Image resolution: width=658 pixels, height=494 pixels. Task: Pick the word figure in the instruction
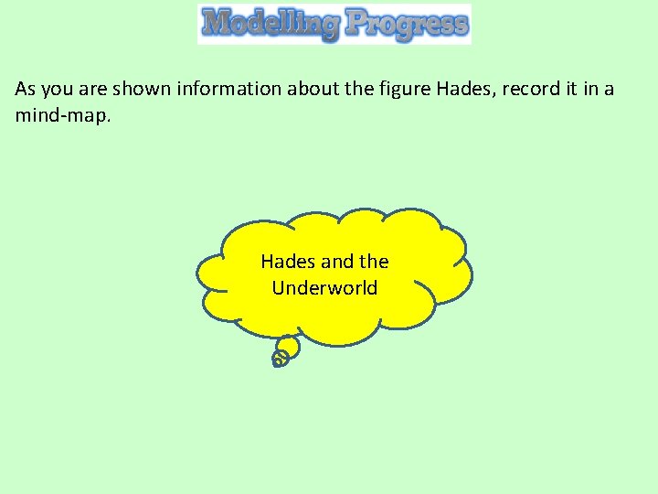pyautogui.click(x=407, y=90)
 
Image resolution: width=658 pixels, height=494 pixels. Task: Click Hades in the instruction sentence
pyautogui.click(x=463, y=90)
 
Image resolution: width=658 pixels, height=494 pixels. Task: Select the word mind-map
pyautogui.click(x=60, y=116)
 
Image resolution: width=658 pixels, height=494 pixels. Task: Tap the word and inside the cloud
pyautogui.click(x=336, y=262)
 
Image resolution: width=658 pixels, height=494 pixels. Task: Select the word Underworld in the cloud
pyautogui.click(x=324, y=288)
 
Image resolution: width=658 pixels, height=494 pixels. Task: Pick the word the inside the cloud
pyautogui.click(x=374, y=262)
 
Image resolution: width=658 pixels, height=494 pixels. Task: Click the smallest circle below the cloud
pyautogui.click(x=279, y=360)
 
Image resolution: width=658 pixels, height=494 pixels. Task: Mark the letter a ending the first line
pyautogui.click(x=609, y=91)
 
